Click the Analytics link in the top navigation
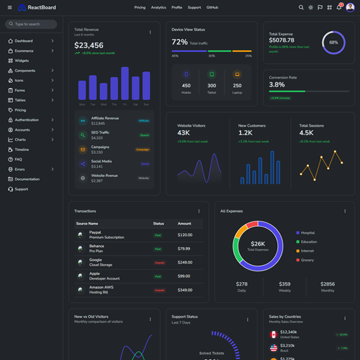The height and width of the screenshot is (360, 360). click(x=158, y=7)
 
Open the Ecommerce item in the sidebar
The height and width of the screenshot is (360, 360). click(x=24, y=51)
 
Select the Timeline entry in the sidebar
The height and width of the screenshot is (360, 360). click(x=22, y=149)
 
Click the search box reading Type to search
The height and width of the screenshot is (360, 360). click(x=31, y=24)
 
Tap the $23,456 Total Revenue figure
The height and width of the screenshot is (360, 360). click(x=89, y=46)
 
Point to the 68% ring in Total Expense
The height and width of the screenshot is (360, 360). click(x=334, y=43)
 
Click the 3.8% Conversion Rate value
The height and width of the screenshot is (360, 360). click(x=277, y=85)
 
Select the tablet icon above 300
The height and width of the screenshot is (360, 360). click(x=211, y=74)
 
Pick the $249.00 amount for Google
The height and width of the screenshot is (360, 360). click(x=185, y=262)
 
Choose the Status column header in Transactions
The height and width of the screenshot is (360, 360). click(x=158, y=223)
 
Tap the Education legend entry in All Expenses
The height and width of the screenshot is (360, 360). click(x=309, y=242)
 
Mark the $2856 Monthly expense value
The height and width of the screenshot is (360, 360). click(x=327, y=284)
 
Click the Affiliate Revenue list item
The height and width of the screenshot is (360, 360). click(x=105, y=118)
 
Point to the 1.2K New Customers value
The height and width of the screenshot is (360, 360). click(x=245, y=133)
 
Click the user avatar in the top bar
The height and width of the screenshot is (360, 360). click(x=350, y=7)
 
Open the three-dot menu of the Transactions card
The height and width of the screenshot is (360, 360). click(x=199, y=211)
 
